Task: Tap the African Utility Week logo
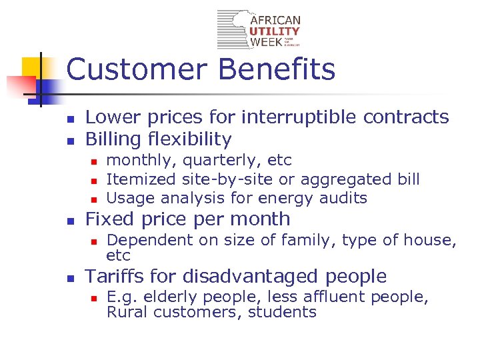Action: click(x=259, y=30)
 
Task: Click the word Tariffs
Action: click(x=115, y=276)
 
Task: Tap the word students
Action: click(x=283, y=312)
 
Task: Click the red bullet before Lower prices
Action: click(x=69, y=119)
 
